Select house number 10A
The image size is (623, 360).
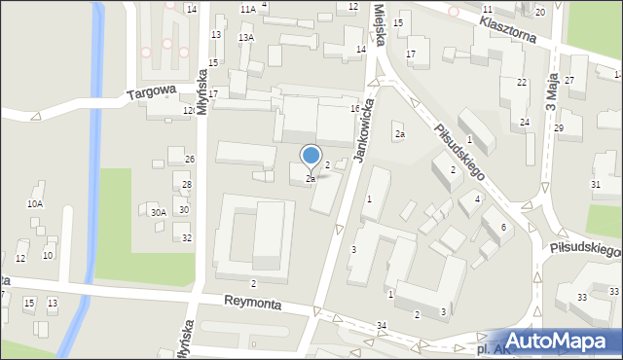(35, 204)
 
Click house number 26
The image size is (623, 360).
(190, 160)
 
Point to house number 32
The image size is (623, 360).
(187, 238)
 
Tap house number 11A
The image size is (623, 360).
(247, 9)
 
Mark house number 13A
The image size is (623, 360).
(247, 37)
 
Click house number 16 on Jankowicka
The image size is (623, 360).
(355, 108)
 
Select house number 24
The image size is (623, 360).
(524, 122)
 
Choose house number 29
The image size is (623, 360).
(559, 128)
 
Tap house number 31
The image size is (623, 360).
(596, 185)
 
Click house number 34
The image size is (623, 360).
(382, 324)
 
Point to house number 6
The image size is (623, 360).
(503, 227)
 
